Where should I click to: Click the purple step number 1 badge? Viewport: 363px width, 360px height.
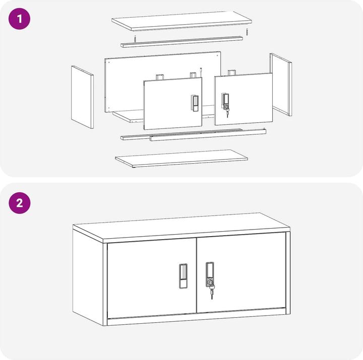[x=20, y=19]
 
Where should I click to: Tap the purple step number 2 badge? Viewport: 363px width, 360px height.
[x=20, y=203]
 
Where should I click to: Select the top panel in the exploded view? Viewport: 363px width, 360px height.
[x=181, y=21]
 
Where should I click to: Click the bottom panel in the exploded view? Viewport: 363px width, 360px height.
[x=181, y=159]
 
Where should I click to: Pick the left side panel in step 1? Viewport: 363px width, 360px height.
[x=82, y=97]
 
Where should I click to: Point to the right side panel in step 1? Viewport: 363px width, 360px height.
[x=281, y=85]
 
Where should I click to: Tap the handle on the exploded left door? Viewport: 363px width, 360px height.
[x=195, y=103]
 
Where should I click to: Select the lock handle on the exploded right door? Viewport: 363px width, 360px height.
[x=225, y=101]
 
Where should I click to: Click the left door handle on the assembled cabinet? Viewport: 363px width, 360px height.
[x=183, y=276]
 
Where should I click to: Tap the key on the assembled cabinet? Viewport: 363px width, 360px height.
[x=212, y=293]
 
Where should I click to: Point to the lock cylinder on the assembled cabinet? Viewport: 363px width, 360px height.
[x=210, y=282]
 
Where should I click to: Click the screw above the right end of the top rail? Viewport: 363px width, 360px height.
[x=247, y=32]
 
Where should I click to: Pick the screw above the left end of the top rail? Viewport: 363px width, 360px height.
[x=135, y=39]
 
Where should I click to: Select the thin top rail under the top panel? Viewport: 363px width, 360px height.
[x=181, y=42]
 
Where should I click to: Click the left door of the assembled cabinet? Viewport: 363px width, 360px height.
[x=152, y=278]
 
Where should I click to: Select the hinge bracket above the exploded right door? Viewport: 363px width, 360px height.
[x=231, y=73]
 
